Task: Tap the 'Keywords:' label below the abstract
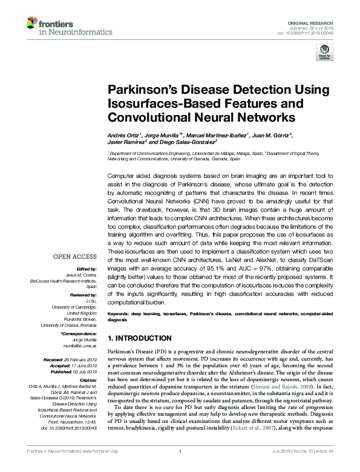tap(120, 314)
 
